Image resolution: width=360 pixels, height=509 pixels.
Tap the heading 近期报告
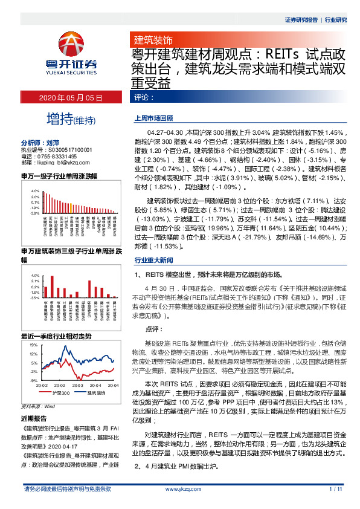coord(33,418)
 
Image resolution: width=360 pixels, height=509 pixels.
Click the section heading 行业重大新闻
coord(153,259)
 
